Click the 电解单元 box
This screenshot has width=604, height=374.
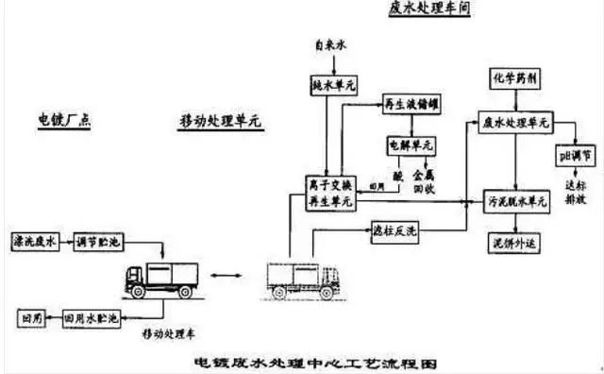(x=411, y=147)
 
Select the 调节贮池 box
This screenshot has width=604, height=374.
(x=102, y=242)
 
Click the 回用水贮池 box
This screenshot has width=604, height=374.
(x=90, y=318)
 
